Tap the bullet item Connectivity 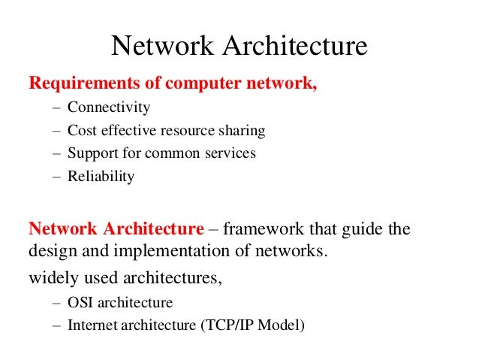(x=109, y=107)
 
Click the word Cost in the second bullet (x=80, y=131)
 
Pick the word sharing (x=243, y=131)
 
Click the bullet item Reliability (x=101, y=177)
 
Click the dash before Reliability (x=57, y=177)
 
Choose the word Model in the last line (x=284, y=326)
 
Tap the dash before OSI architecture (x=57, y=303)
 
